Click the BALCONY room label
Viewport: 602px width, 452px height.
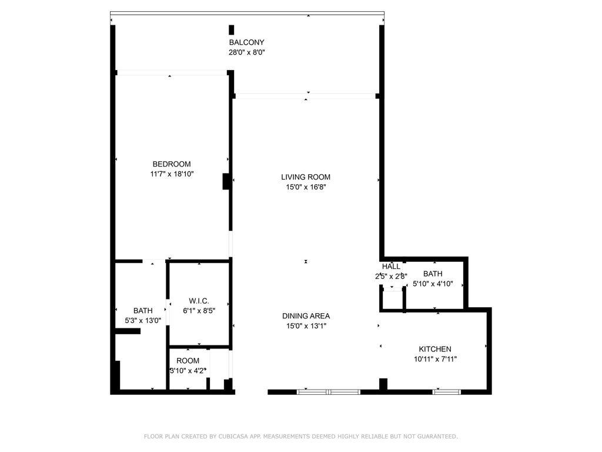(246, 42)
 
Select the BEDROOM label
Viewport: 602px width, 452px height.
(171, 164)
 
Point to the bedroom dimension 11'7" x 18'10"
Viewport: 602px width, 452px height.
(171, 174)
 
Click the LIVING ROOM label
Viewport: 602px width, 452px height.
(305, 177)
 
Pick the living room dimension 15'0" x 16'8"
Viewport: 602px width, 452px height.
(305, 187)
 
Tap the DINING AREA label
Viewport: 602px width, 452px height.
(305, 316)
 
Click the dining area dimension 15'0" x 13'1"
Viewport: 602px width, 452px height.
(305, 326)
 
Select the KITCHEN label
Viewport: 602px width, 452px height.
(434, 349)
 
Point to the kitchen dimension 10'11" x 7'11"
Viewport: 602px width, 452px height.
(434, 359)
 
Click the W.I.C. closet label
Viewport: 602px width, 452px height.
(199, 301)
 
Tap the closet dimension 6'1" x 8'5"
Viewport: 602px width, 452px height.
(199, 311)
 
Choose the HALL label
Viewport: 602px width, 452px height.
(391, 267)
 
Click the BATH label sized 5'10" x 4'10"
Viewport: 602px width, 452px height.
(432, 274)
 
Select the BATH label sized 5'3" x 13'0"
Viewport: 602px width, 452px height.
(143, 311)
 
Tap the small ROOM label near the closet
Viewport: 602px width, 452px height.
(188, 361)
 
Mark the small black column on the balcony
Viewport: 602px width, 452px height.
(232, 30)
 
